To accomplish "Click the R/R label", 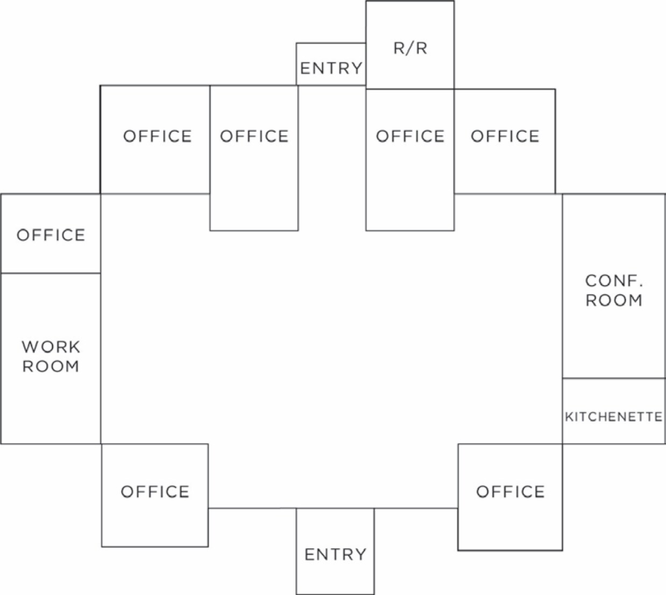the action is pos(410,48).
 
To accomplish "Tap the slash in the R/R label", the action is pos(410,48).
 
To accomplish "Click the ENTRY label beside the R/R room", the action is pos(331,68).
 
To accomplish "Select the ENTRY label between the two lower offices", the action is pos(335,555).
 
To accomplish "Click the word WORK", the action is pos(51,347).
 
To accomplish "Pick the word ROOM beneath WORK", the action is pos(51,366).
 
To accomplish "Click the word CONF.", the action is pos(614,281).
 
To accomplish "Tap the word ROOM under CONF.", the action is pos(614,300).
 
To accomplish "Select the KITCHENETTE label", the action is pos(614,417).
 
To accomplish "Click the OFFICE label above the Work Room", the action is pos(51,235).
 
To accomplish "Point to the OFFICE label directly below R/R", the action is pos(410,136).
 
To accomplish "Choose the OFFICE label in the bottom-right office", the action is pos(511,492).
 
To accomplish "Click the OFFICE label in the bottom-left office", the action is pos(155,492).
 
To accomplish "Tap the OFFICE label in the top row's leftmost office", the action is pos(158,136).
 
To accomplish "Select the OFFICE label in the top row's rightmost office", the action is pos(505,136).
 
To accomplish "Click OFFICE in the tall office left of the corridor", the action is pos(254,136).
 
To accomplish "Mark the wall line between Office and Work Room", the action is pos(51,273).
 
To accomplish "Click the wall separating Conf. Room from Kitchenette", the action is pos(614,378).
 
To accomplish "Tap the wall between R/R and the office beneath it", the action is pos(410,89).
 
